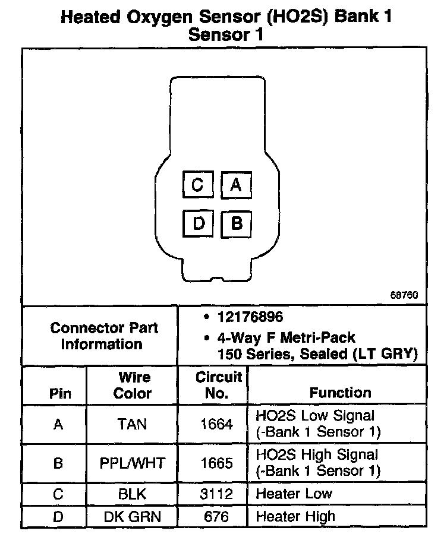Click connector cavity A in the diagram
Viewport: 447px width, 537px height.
click(x=236, y=186)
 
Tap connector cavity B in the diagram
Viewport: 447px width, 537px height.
click(x=236, y=223)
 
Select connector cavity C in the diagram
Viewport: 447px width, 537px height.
click(x=197, y=186)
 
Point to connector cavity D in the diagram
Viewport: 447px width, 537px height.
click(x=198, y=223)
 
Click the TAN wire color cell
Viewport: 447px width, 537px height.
click(x=132, y=424)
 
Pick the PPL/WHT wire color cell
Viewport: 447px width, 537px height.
click(x=132, y=462)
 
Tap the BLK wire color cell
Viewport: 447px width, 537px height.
click(x=132, y=494)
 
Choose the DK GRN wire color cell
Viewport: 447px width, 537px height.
click(x=132, y=516)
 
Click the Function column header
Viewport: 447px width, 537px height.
click(x=340, y=393)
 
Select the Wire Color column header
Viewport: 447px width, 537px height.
click(x=132, y=385)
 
